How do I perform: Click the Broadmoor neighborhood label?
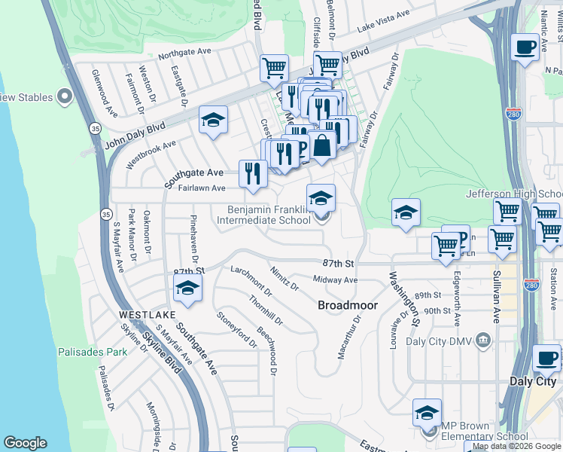(x=343, y=305)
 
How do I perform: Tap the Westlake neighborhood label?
(x=147, y=314)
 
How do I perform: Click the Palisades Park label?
(x=92, y=352)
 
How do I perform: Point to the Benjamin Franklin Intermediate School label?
(x=263, y=215)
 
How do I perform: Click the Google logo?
(x=26, y=443)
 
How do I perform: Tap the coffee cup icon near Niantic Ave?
(x=525, y=47)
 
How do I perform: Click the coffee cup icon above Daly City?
(x=546, y=358)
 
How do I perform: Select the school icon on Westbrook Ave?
(x=214, y=120)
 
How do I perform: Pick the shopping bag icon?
(x=322, y=145)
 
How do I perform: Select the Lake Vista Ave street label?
(x=384, y=20)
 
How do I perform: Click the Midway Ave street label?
(x=335, y=279)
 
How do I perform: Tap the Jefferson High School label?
(x=514, y=194)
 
